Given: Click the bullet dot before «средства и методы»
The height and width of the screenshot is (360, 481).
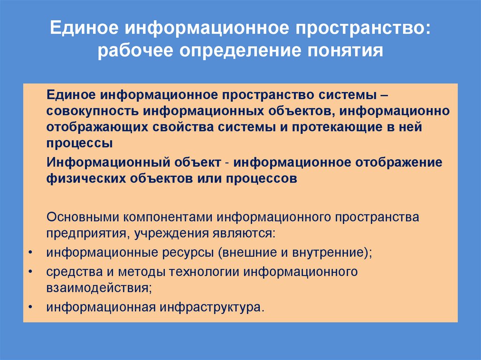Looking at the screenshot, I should click(30, 272).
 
